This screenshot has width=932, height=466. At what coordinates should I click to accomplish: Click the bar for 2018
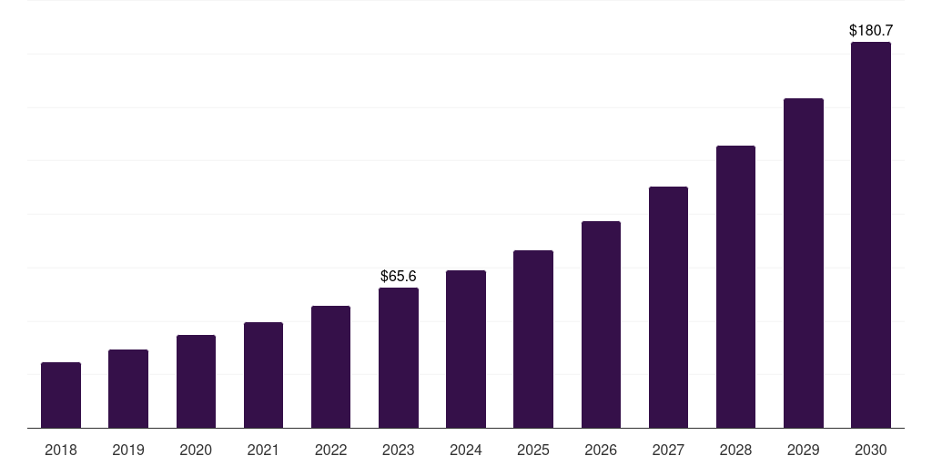pyautogui.click(x=61, y=395)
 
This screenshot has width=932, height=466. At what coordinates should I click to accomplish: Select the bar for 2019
pyautogui.click(x=128, y=389)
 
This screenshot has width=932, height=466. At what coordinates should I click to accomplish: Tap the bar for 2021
pyautogui.click(x=263, y=375)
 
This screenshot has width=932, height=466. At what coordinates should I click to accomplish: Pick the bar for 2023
pyautogui.click(x=399, y=358)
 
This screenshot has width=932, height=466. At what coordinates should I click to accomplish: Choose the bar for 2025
pyautogui.click(x=533, y=339)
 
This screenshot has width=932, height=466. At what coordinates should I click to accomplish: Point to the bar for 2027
pyautogui.click(x=668, y=307)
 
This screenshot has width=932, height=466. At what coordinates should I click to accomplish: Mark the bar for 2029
pyautogui.click(x=804, y=263)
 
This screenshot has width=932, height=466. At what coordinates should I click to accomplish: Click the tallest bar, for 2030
pyautogui.click(x=871, y=235)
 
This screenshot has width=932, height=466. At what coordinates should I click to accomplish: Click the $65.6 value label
pyautogui.click(x=399, y=276)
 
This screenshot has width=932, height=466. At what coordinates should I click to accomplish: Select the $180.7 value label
pyautogui.click(x=871, y=31)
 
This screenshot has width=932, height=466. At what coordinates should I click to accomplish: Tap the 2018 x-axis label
pyautogui.click(x=61, y=450)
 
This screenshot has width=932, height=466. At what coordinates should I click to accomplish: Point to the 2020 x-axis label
pyautogui.click(x=196, y=450)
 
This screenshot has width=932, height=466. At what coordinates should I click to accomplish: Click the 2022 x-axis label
pyautogui.click(x=330, y=450)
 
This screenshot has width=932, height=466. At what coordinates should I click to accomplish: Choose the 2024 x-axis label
pyautogui.click(x=466, y=450)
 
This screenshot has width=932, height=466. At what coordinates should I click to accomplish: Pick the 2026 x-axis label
pyautogui.click(x=601, y=450)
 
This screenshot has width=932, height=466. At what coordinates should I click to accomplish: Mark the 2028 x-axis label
pyautogui.click(x=735, y=450)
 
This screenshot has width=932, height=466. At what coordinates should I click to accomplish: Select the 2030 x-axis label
pyautogui.click(x=871, y=450)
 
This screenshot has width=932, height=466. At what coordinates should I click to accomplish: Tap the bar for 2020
pyautogui.click(x=196, y=381)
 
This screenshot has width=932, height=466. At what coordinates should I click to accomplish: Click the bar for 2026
pyautogui.click(x=601, y=324)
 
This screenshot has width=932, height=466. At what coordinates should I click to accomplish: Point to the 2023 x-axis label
pyautogui.click(x=399, y=450)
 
